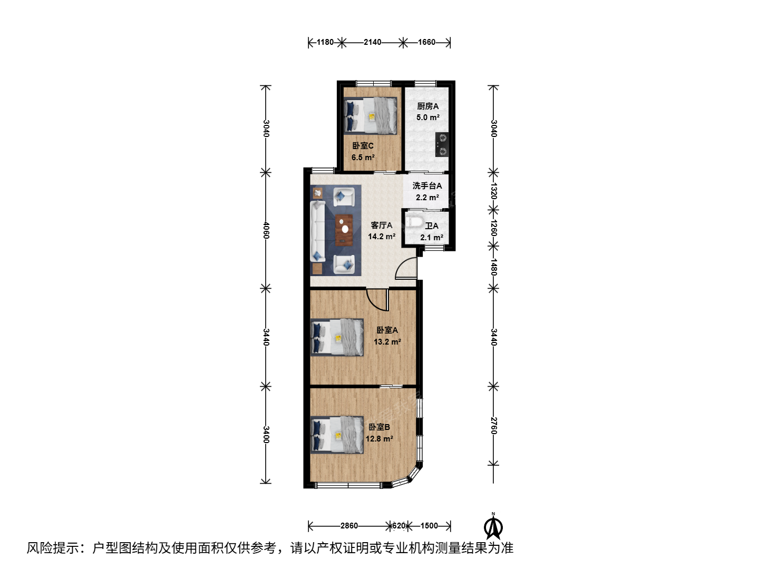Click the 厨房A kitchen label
tap(428, 106)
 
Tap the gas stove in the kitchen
tap(442, 145)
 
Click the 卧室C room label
tap(363, 146)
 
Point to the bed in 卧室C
tap(371, 115)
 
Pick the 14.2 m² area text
tap(382, 237)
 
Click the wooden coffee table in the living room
tap(344, 230)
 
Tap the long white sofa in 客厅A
tap(318, 231)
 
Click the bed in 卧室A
tap(337, 337)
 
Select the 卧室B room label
tap(379, 427)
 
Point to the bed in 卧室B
tap(337, 435)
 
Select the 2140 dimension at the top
tap(373, 42)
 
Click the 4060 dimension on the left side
tap(266, 230)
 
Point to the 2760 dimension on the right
tap(494, 426)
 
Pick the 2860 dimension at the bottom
tap(349, 525)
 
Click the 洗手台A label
tap(427, 185)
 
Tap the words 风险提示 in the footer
tap(53, 548)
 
